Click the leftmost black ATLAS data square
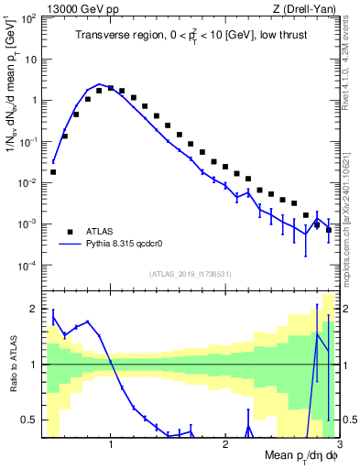point(53,171)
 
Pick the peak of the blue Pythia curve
point(101,84)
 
